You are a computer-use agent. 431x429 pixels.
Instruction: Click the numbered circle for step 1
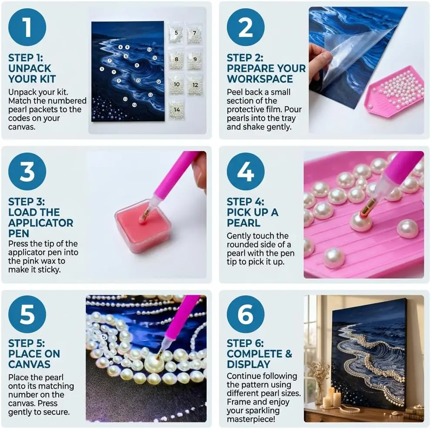(27, 27)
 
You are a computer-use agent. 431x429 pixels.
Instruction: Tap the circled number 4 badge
(246, 171)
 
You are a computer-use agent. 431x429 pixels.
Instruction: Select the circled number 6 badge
(246, 314)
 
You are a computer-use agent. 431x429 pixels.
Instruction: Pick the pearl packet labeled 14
(177, 110)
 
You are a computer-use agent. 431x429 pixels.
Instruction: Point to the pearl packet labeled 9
(195, 60)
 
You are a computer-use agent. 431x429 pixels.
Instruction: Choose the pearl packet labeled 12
(195, 85)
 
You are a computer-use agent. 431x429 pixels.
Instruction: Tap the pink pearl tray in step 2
(394, 90)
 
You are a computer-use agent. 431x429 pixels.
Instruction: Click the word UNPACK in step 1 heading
(30, 68)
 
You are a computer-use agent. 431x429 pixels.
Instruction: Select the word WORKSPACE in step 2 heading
(260, 79)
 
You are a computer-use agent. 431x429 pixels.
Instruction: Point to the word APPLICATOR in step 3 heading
(40, 223)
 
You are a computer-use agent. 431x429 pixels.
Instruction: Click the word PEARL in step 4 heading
(243, 223)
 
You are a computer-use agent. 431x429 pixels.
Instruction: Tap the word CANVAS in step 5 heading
(29, 365)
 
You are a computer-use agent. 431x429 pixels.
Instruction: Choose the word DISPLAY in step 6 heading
(249, 365)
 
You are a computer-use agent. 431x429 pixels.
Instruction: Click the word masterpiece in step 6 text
(251, 419)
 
